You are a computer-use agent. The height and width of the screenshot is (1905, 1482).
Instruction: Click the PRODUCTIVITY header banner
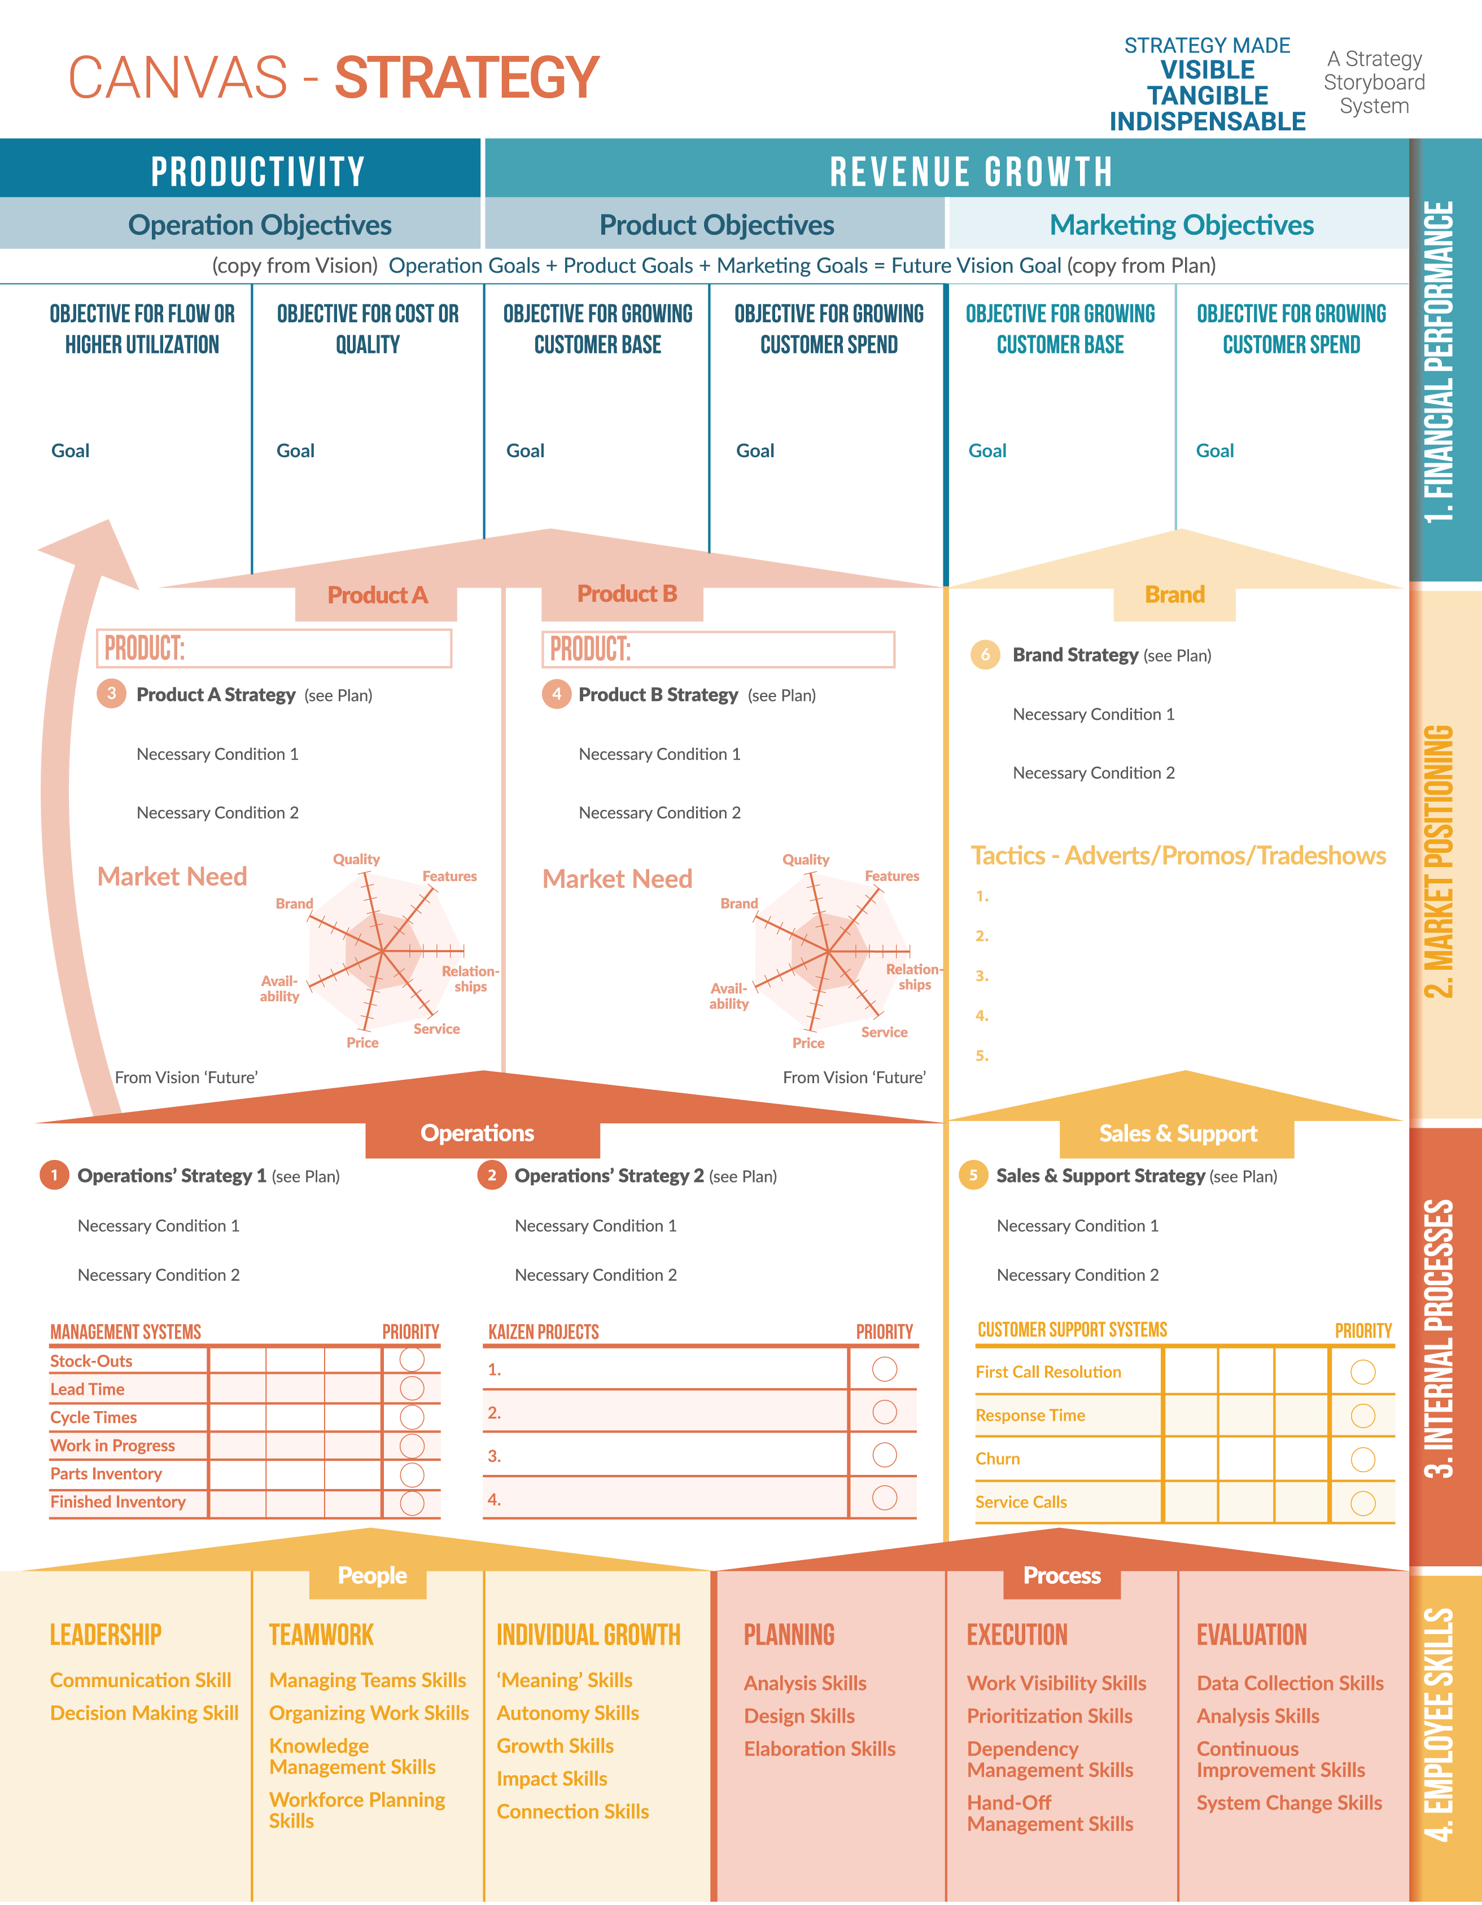pyautogui.click(x=257, y=171)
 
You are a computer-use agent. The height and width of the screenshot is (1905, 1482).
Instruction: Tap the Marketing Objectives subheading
pyautogui.click(x=1181, y=225)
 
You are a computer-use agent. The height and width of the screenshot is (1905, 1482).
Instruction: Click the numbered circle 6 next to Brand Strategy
pyautogui.click(x=985, y=654)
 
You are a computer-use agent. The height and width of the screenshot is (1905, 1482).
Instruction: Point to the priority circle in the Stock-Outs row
pyautogui.click(x=412, y=1360)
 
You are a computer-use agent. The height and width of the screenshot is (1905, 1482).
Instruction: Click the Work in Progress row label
pyautogui.click(x=112, y=1446)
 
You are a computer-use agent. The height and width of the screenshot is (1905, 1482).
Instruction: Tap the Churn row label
pyautogui.click(x=997, y=1459)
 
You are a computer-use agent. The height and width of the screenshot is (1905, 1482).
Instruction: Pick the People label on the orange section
pyautogui.click(x=373, y=1575)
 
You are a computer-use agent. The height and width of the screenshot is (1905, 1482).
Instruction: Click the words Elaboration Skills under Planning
pyautogui.click(x=819, y=1749)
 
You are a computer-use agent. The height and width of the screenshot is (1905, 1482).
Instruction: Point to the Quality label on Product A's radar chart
pyautogui.click(x=356, y=859)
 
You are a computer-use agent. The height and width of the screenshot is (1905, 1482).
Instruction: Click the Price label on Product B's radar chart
pyautogui.click(x=808, y=1043)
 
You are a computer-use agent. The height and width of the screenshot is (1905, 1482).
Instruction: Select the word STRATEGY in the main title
pyautogui.click(x=467, y=78)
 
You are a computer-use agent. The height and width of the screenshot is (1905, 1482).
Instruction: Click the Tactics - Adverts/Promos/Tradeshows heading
pyautogui.click(x=1178, y=856)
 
